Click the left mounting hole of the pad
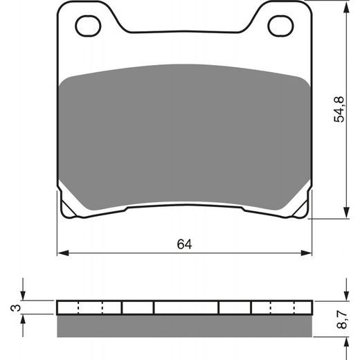click(x=88, y=27)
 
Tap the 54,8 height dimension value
click(x=339, y=109)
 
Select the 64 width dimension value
click(x=183, y=244)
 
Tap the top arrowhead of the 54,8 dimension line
click(x=345, y=6)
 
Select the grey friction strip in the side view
click(x=183, y=324)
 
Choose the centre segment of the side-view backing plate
click(x=186, y=307)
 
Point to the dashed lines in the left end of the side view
click(x=90, y=307)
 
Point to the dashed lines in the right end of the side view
click(x=280, y=307)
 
